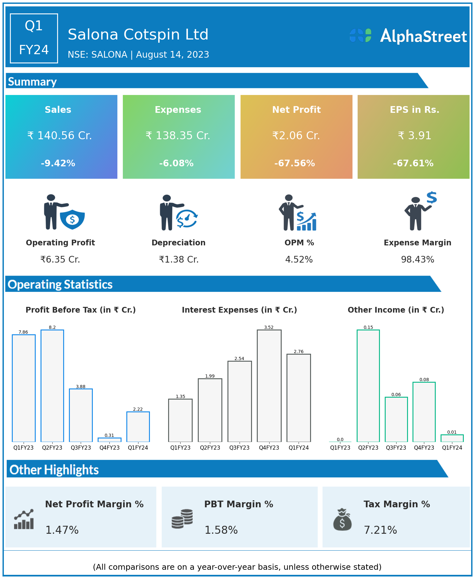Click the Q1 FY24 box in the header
pyautogui.click(x=34, y=38)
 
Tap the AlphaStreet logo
pyautogui.click(x=408, y=36)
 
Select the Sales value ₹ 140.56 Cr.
pyautogui.click(x=60, y=136)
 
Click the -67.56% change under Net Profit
pyautogui.click(x=294, y=163)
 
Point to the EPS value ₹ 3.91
pyautogui.click(x=414, y=136)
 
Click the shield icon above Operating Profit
pyautogui.click(x=72, y=219)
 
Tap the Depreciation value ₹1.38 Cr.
pyautogui.click(x=179, y=260)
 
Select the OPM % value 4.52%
pyautogui.click(x=299, y=260)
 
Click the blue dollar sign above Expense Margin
pyautogui.click(x=432, y=198)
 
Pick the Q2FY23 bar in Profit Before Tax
pyautogui.click(x=52, y=386)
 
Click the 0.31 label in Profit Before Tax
pyautogui.click(x=109, y=435)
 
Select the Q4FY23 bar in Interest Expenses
pyautogui.click(x=269, y=386)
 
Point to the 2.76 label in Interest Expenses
pyautogui.click(x=299, y=351)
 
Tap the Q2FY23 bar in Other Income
pyautogui.click(x=368, y=386)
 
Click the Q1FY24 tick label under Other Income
pyautogui.click(x=452, y=448)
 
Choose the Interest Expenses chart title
pyautogui.click(x=239, y=310)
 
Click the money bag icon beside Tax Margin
pyautogui.click(x=342, y=520)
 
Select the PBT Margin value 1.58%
pyautogui.click(x=221, y=530)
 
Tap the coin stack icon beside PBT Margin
pyautogui.click(x=182, y=519)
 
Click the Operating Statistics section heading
pyautogui.click(x=60, y=285)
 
